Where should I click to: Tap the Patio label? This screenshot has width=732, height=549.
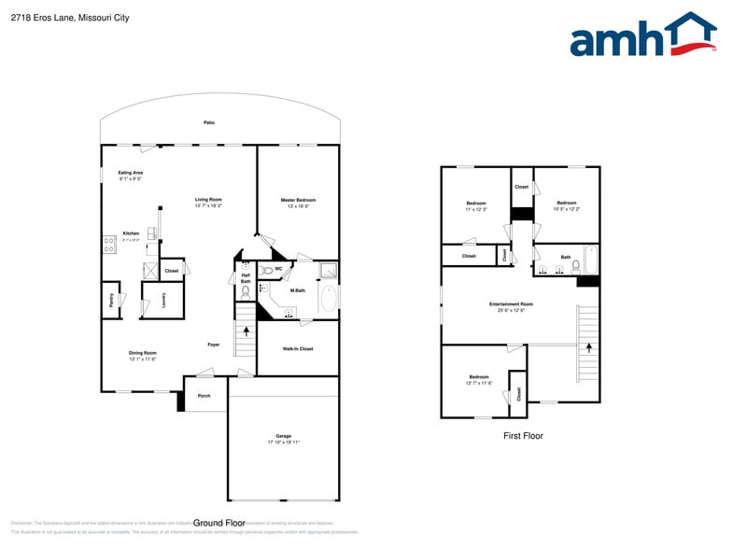pyautogui.click(x=209, y=122)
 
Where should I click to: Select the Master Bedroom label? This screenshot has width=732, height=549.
pyautogui.click(x=298, y=200)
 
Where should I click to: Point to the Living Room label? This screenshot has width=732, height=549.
pyautogui.click(x=207, y=199)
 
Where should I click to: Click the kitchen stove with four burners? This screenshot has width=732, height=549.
pyautogui.click(x=109, y=245)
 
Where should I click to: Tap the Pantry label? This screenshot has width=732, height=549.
pyautogui.click(x=110, y=300)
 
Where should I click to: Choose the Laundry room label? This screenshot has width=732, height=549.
pyautogui.click(x=162, y=299)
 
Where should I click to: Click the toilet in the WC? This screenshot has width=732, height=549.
pyautogui.click(x=267, y=271)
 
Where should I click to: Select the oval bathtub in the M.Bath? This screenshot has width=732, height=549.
pyautogui.click(x=328, y=299)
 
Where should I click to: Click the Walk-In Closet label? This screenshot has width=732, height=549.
pyautogui.click(x=297, y=348)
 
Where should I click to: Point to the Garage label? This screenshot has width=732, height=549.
pyautogui.click(x=283, y=436)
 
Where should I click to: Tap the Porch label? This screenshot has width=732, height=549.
pyautogui.click(x=204, y=395)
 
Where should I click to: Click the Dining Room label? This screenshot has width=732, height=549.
pyautogui.click(x=142, y=353)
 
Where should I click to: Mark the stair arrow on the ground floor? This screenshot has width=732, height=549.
pyautogui.click(x=246, y=331)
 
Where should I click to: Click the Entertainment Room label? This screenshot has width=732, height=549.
pyautogui.click(x=511, y=304)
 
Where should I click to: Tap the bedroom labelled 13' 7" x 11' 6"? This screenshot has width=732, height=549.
pyautogui.click(x=478, y=377)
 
